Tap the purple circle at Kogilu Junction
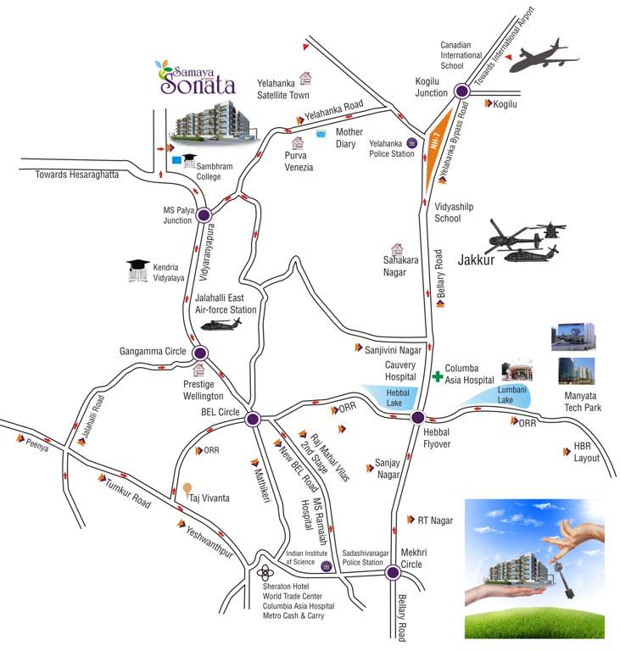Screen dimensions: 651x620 click(461, 91)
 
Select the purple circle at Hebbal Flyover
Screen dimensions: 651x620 click(417, 417)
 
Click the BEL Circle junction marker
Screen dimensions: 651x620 click(252, 419)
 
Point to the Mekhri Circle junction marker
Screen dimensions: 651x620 click(393, 573)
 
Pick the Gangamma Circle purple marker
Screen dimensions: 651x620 click(200, 353)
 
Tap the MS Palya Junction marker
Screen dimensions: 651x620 click(204, 215)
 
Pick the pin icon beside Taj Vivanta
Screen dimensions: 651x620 click(187, 491)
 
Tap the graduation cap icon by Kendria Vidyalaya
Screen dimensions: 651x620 click(137, 270)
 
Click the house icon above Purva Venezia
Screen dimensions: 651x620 click(298, 143)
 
